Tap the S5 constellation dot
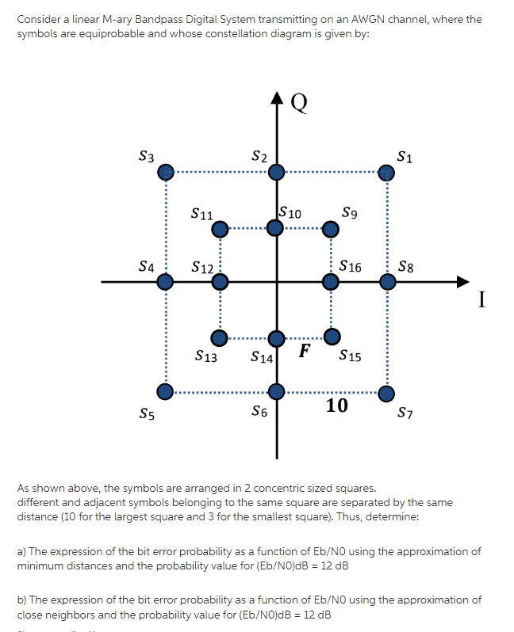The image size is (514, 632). pos(164,391)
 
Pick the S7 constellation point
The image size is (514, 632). pos(385,392)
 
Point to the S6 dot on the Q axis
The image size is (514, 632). pos(275,391)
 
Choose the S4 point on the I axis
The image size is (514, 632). pos(164,281)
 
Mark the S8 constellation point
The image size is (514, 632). pos(385,281)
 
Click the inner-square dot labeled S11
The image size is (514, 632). pos(220,229)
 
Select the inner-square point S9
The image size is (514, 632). pos(332,229)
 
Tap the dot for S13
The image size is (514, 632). pos(220,337)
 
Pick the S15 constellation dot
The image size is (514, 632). pos(332,336)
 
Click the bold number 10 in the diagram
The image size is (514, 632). pos(336,406)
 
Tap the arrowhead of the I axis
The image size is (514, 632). pos(463,281)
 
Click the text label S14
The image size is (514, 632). pos(261,358)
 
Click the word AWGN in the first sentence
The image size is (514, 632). pos(351,19)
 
